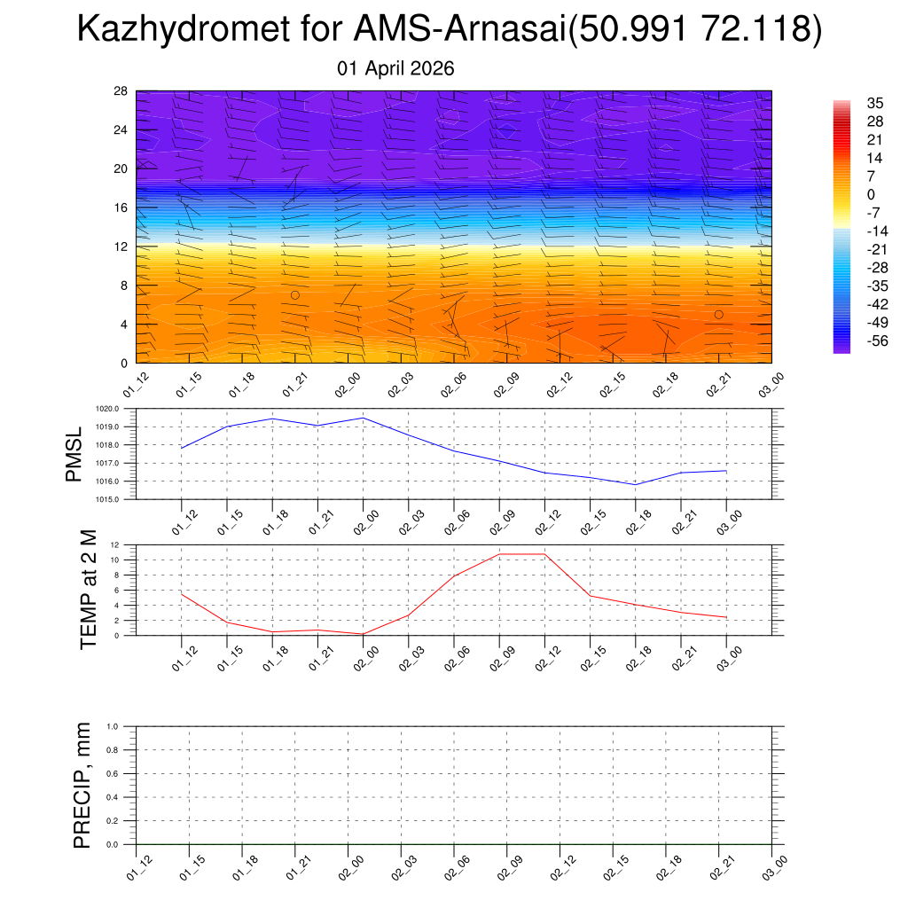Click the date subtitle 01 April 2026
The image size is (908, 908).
click(x=396, y=68)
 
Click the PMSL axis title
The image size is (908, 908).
click(x=74, y=454)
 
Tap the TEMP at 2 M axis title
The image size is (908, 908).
click(x=89, y=590)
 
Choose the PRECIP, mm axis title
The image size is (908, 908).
click(x=82, y=785)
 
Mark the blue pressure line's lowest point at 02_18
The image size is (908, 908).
click(x=635, y=485)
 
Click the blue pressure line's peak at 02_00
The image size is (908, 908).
click(x=363, y=418)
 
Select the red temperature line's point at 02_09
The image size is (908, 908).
click(x=499, y=554)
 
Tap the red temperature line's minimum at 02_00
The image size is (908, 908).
click(x=363, y=634)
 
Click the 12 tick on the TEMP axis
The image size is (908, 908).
click(x=115, y=544)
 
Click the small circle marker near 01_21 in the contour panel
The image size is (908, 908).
click(x=295, y=294)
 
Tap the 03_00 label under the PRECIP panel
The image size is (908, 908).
click(x=774, y=866)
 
